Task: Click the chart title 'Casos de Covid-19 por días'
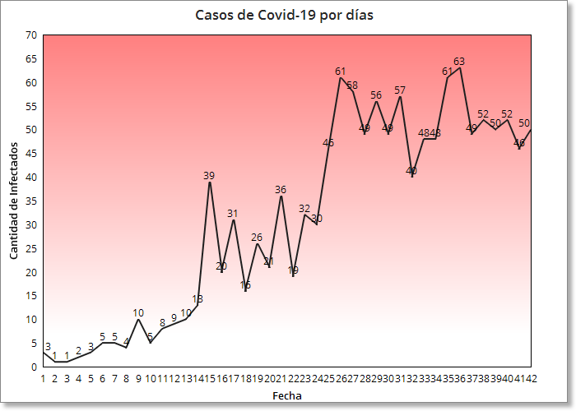[284, 15]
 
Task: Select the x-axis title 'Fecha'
[286, 395]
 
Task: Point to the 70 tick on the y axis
[31, 35]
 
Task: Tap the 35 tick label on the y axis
[31, 201]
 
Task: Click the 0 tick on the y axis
[34, 367]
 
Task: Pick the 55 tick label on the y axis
[31, 107]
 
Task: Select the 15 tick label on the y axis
[31, 296]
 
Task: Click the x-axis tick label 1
[43, 379]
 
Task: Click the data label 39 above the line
[209, 176]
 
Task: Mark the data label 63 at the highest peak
[459, 62]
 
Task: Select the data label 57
[400, 90]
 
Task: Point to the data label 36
[281, 190]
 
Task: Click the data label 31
[233, 214]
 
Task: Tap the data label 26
[257, 238]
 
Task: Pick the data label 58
[352, 85]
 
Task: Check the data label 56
[376, 95]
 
